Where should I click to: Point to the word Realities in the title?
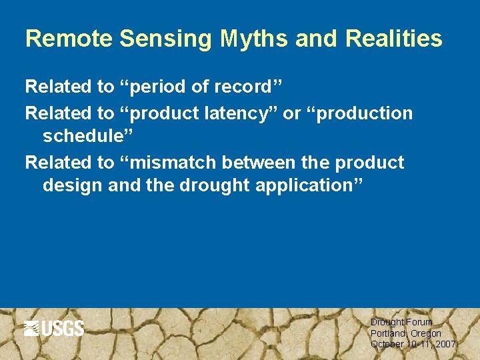(x=394, y=39)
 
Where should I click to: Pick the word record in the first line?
(x=246, y=87)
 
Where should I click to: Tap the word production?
(x=365, y=114)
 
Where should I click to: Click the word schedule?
(x=85, y=136)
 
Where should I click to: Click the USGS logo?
(x=54, y=329)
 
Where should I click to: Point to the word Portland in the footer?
(x=387, y=333)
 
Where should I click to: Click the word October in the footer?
(x=387, y=345)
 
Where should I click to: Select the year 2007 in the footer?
(x=444, y=345)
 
